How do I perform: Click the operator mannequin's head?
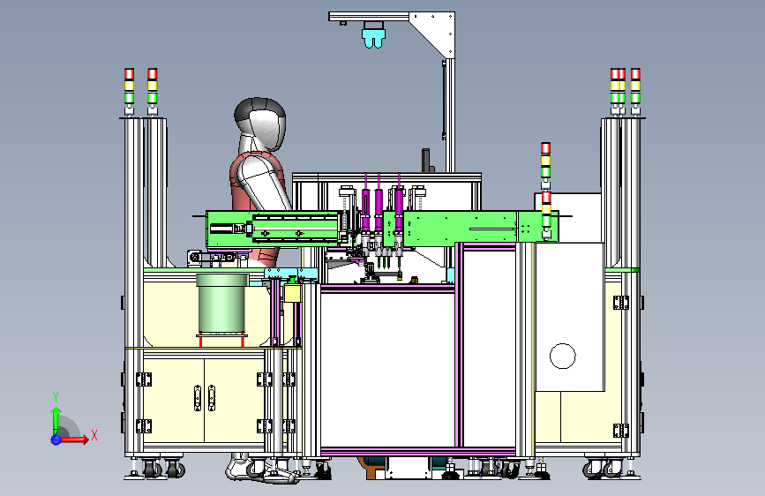pyautogui.click(x=259, y=123)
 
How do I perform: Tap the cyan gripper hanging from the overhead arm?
pyautogui.click(x=374, y=35)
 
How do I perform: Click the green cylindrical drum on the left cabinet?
pyautogui.click(x=222, y=304)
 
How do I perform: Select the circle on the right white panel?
pyautogui.click(x=563, y=356)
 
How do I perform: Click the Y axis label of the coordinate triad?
pyautogui.click(x=56, y=396)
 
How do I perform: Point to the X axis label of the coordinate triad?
pyautogui.click(x=94, y=435)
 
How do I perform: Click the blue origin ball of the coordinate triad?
pyautogui.click(x=56, y=440)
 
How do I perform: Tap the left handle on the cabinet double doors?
pyautogui.click(x=198, y=398)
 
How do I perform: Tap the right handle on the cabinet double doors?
pyautogui.click(x=211, y=398)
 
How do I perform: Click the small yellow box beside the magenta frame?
pyautogui.click(x=292, y=293)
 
